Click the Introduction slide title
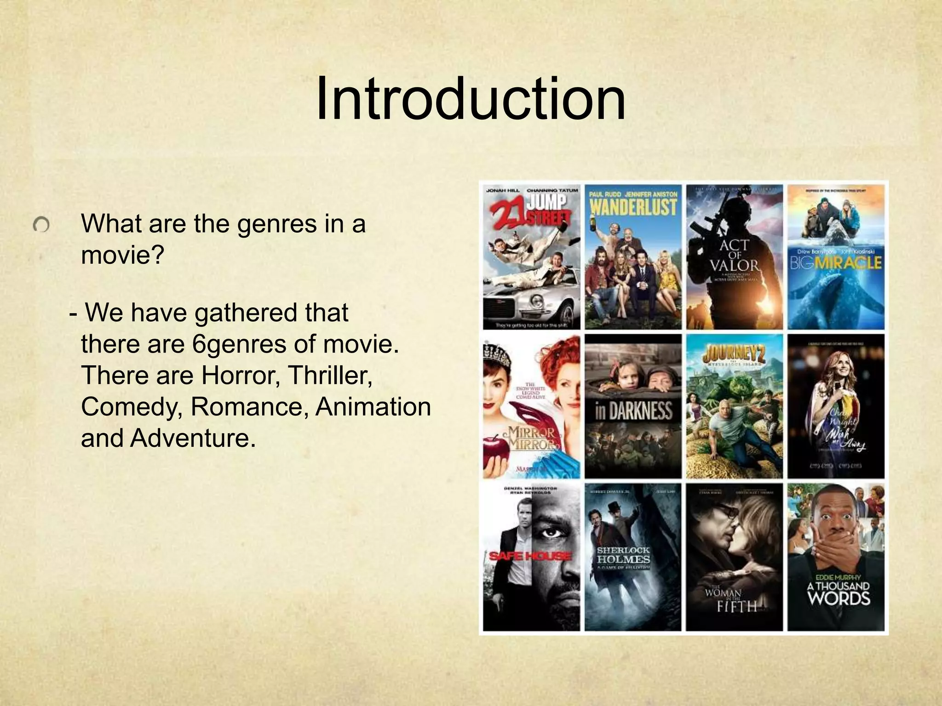point(470,100)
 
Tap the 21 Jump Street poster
point(531,257)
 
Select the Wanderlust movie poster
point(633,257)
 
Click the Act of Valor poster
point(734,257)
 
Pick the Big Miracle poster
point(836,257)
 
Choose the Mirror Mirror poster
point(531,406)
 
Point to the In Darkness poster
point(633,406)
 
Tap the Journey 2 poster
point(734,406)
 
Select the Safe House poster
point(531,557)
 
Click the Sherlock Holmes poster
point(633,557)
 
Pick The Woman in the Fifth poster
point(734,557)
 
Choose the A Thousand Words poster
point(836,557)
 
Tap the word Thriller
point(330,376)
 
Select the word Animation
point(373,407)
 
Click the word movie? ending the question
point(122,254)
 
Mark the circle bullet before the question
point(41,225)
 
